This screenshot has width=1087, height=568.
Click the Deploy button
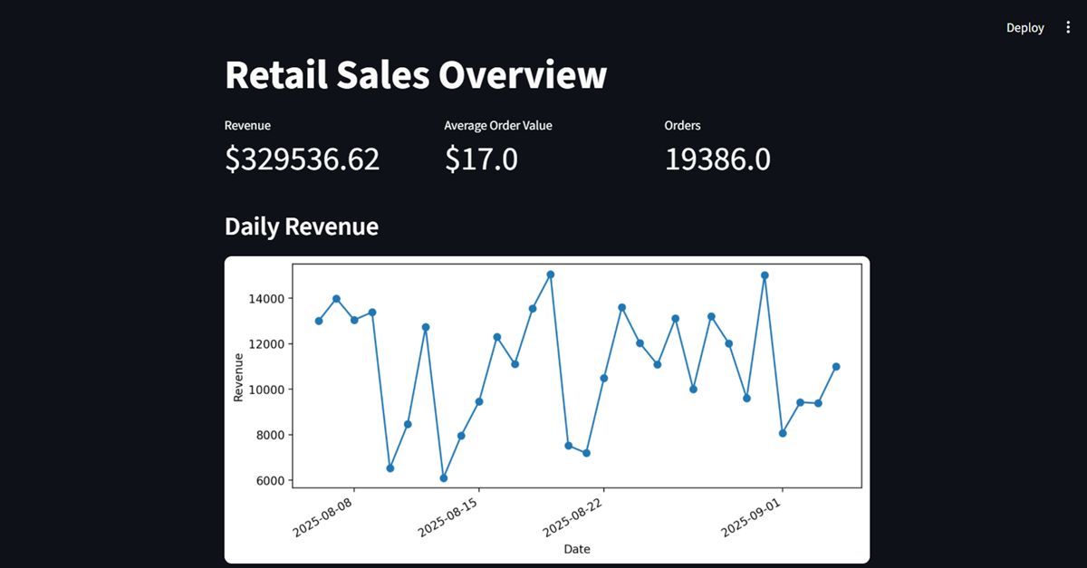pos(1024,28)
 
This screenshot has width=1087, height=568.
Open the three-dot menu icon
pos(1068,28)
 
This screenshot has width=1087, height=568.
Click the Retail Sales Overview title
pos(416,74)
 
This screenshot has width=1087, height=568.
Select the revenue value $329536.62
pos(302,159)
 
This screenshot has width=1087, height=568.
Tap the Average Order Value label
pos(497,126)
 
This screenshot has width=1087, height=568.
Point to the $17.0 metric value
pos(481,159)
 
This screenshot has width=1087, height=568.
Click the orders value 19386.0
pos(717,159)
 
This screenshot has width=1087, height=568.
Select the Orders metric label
pos(682,126)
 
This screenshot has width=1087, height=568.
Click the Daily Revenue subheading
pos(301,226)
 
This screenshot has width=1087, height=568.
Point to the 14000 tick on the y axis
pos(269,299)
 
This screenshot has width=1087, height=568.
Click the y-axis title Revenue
pos(238,378)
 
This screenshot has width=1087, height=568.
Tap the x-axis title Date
pos(577,549)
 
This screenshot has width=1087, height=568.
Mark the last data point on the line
pos(836,367)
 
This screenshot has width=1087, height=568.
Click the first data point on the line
pos(319,321)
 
